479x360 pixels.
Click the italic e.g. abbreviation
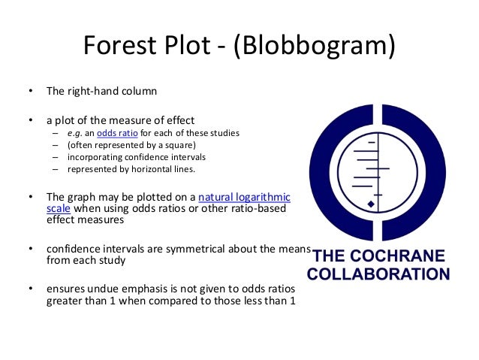click(x=74, y=133)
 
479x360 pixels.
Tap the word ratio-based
click(x=257, y=209)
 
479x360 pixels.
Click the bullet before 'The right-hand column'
click(x=31, y=93)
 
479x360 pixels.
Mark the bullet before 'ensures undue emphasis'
click(x=31, y=289)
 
